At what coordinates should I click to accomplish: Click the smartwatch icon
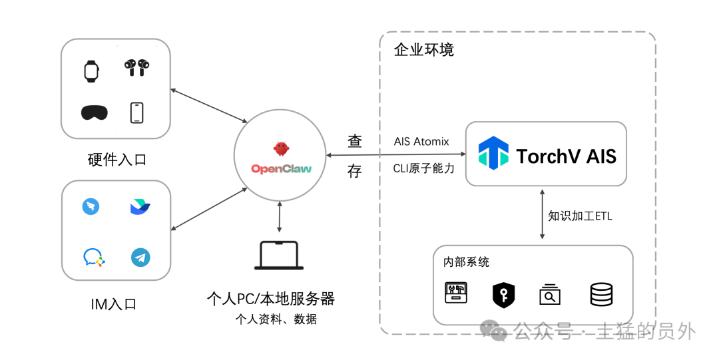pos(91,71)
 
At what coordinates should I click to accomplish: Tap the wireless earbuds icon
pos(136,67)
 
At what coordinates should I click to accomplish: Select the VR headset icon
pos(95,113)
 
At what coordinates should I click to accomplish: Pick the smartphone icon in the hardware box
pos(136,113)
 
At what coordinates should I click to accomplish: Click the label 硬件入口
pos(117,160)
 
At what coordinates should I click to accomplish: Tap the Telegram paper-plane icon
pos(140,258)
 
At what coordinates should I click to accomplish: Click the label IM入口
pos(114,304)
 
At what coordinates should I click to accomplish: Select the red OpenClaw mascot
pos(281,148)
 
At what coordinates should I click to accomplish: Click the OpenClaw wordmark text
pos(281,169)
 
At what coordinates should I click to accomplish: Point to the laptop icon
pos(279,256)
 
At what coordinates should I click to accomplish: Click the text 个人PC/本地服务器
pos(270,299)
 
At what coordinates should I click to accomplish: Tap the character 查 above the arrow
pos(354,141)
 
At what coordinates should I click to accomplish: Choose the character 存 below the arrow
pos(354,171)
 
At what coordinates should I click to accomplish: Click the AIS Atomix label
pos(421,142)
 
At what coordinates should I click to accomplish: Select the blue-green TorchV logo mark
pos(493,152)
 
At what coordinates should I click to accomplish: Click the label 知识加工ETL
pos(580,216)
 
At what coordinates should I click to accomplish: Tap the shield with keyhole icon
pos(503,295)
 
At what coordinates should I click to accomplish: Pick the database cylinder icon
pos(601,294)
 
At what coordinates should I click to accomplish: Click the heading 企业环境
pos(423,49)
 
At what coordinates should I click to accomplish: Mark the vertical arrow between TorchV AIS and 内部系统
pos(542,214)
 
